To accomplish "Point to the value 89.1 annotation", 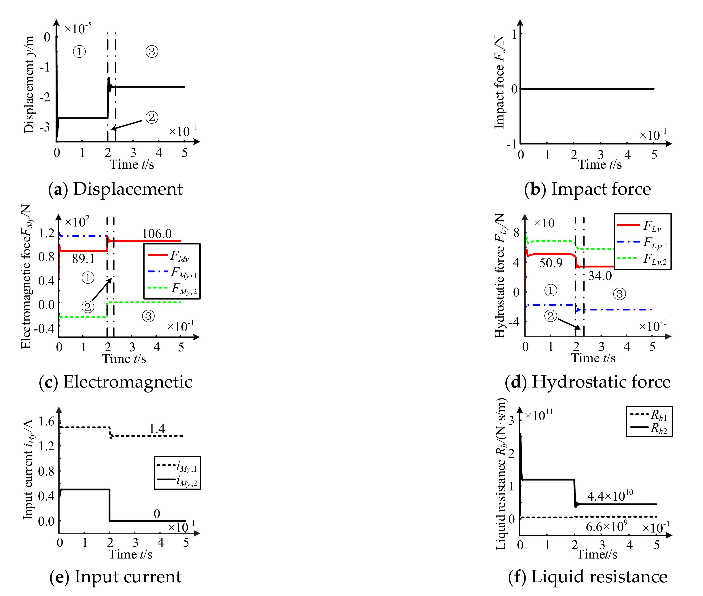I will coord(83,259).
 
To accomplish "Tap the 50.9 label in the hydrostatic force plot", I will coord(551,263).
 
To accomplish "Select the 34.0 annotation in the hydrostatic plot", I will coord(600,276).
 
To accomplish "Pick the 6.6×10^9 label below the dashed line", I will coord(606,526).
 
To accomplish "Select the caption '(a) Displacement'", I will coord(115,189).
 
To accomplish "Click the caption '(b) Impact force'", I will coord(587,189).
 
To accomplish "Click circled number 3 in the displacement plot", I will coord(152,52).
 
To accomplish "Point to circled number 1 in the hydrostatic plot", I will coord(551,290).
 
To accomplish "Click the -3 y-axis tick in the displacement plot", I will coord(45,127).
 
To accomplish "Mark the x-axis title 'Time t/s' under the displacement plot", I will coord(132,164).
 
